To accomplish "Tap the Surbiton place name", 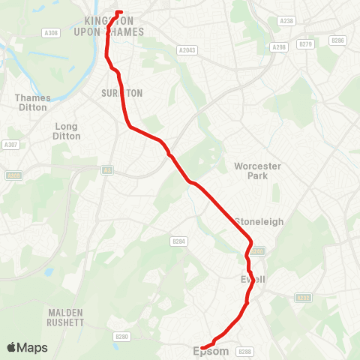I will click(121, 93).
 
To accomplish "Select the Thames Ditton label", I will click(33, 102).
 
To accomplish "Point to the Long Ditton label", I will click(66, 131).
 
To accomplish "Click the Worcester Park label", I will click(257, 170).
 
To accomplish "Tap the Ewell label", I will click(253, 279).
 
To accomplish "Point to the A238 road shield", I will click(286, 21).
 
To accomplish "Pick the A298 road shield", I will click(280, 46).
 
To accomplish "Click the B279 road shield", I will click(304, 44).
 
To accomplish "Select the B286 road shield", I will click(338, 40).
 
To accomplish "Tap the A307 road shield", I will click(10, 145).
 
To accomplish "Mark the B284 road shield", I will click(178, 241).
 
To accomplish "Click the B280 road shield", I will click(122, 337).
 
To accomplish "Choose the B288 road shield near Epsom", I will click(244, 351).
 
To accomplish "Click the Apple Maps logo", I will click(27, 347).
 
